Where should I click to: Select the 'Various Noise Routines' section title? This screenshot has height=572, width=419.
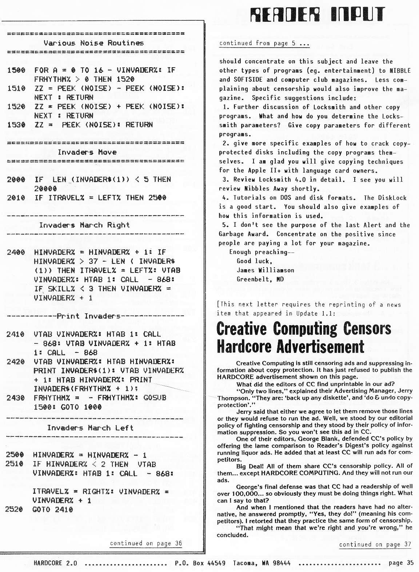pyautogui.click(x=93, y=43)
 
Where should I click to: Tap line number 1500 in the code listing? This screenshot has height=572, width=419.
pyautogui.click(x=16, y=70)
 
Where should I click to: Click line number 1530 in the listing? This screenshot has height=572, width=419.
pyautogui.click(x=16, y=125)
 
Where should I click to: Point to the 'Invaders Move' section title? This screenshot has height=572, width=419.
pyautogui.click(x=87, y=152)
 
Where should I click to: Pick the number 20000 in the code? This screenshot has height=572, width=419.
pyautogui.click(x=45, y=189)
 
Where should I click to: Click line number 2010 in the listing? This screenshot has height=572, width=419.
pyautogui.click(x=16, y=198)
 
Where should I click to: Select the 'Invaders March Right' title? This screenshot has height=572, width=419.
pyautogui.click(x=84, y=225)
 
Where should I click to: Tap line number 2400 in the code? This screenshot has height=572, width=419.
pyautogui.click(x=16, y=252)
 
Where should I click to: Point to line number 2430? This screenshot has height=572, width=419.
pyautogui.click(x=16, y=398)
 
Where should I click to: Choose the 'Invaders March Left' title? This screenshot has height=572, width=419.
pyautogui.click(x=90, y=428)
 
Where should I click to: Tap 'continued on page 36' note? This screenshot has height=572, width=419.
pyautogui.click(x=146, y=543)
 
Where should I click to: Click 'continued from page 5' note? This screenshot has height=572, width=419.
pyautogui.click(x=264, y=43)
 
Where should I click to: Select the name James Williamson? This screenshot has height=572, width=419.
pyautogui.click(x=265, y=270)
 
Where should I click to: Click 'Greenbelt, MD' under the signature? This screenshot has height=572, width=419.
pyautogui.click(x=260, y=279)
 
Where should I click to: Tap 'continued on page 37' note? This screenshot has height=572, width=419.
pyautogui.click(x=375, y=544)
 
